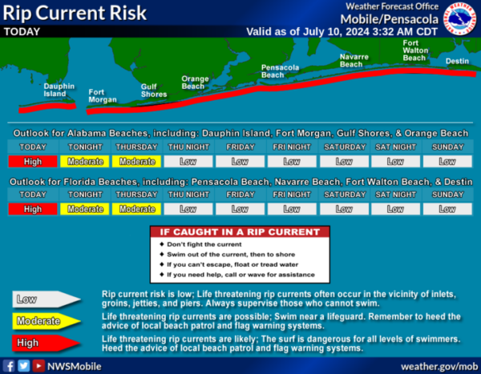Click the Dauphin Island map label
[x=59, y=90]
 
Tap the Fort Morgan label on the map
[x=103, y=96]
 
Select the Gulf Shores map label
[x=154, y=90]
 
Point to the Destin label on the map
[x=457, y=61]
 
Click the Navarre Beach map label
[x=354, y=61]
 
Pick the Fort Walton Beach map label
[x=415, y=50]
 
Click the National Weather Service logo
[x=459, y=18]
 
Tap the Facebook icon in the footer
[x=9, y=366]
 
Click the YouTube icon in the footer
[x=38, y=366]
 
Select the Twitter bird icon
[x=23, y=366]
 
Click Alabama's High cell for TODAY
[x=33, y=162]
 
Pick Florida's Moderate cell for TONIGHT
[x=85, y=209]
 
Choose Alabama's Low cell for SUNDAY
[x=447, y=162]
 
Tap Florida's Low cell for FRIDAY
[x=240, y=209]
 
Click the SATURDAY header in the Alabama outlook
[x=345, y=147]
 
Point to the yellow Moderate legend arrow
[x=46, y=321]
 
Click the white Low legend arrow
[x=46, y=300]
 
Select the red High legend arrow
[x=46, y=343]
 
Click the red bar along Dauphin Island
[x=47, y=107]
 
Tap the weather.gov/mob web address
[x=439, y=366]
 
